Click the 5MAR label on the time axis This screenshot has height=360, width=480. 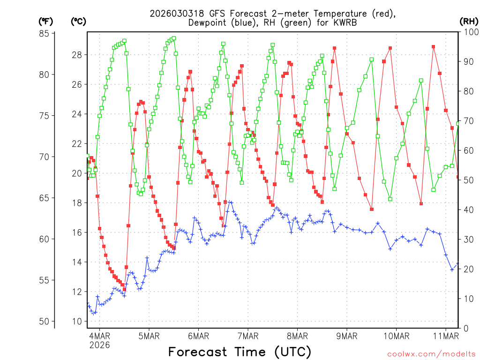(x=149, y=336)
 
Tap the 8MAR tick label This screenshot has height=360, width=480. (x=297, y=336)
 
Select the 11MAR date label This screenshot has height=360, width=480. (x=445, y=336)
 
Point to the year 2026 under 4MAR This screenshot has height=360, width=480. (x=99, y=345)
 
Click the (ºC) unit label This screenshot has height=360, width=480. (x=78, y=21)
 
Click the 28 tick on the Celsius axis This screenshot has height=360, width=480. (x=78, y=55)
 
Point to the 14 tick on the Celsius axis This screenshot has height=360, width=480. (x=78, y=262)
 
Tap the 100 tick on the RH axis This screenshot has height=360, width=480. (x=469, y=32)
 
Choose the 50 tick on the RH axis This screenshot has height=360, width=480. (x=467, y=180)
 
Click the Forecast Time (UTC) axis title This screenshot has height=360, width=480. (x=240, y=352)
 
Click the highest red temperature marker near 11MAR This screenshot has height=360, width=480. (x=434, y=47)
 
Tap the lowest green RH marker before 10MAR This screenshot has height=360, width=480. (x=390, y=199)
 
